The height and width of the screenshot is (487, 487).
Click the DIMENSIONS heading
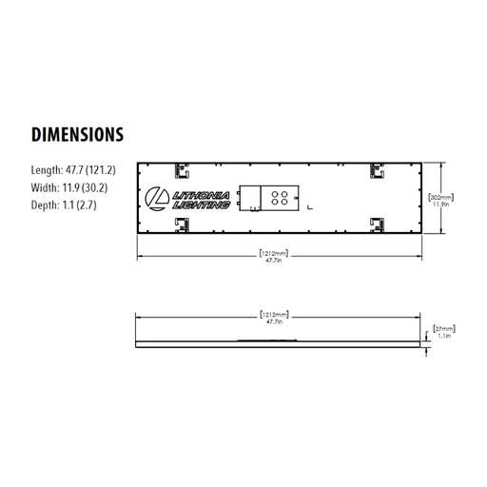pyautogui.click(x=77, y=133)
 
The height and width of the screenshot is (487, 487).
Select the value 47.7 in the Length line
pyautogui.click(x=75, y=169)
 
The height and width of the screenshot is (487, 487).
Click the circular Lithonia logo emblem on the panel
pyautogui.click(x=157, y=198)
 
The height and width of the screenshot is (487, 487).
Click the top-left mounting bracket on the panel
pyautogui.click(x=178, y=171)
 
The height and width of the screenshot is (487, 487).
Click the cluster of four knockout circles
pyautogui.click(x=281, y=198)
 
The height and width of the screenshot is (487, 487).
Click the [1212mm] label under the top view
pyautogui.click(x=274, y=253)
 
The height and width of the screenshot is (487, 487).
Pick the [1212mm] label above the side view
pyautogui.click(x=274, y=314)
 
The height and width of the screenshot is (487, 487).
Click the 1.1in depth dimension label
pyautogui.click(x=444, y=337)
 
